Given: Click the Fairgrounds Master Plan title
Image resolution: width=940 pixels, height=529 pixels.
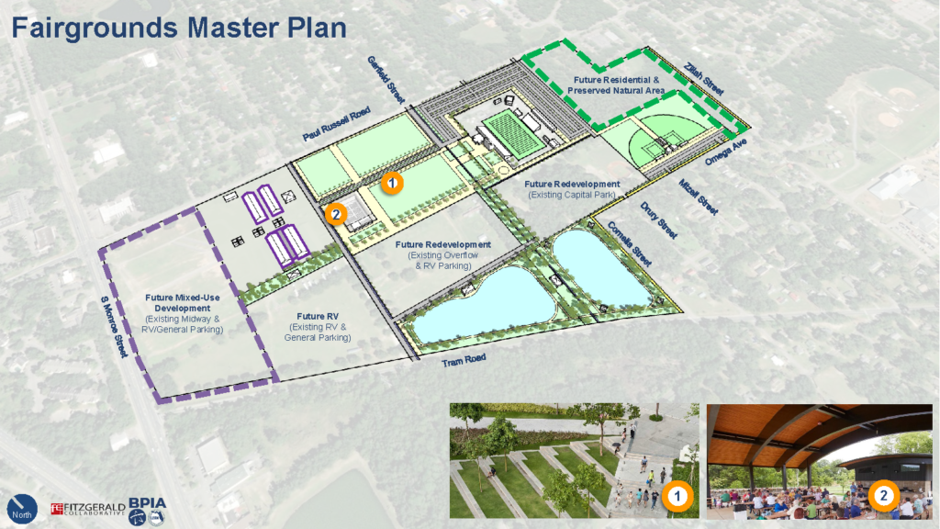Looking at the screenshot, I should tap(179, 28).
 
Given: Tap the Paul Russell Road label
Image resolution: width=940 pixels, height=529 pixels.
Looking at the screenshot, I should tap(336, 124).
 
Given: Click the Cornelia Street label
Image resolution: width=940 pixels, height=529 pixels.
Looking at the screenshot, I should tap(629, 243).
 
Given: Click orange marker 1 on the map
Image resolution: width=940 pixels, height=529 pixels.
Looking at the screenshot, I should tap(391, 183).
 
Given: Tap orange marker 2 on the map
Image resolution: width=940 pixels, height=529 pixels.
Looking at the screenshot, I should tap(336, 215).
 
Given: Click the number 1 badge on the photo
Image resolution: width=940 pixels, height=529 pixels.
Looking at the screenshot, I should tap(677, 497).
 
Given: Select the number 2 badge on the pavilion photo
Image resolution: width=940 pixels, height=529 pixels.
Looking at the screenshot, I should tap(882, 497).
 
